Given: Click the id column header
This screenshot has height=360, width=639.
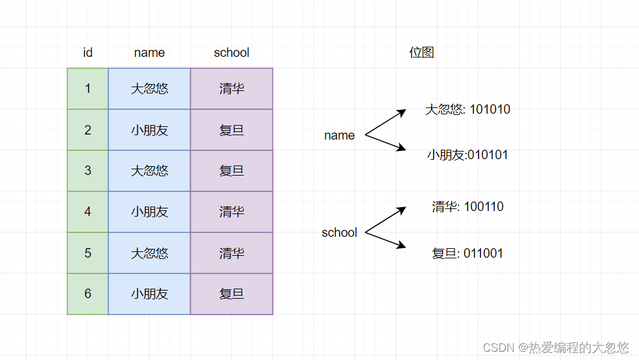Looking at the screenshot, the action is click(88, 52).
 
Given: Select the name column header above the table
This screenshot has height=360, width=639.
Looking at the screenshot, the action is click(149, 52).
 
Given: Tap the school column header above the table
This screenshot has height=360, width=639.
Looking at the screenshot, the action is click(231, 52).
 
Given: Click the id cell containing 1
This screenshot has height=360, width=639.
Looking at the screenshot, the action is click(88, 88).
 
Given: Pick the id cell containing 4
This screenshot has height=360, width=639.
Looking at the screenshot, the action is click(88, 212).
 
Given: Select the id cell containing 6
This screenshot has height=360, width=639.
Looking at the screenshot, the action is click(88, 294).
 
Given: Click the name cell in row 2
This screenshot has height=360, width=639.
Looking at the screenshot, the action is click(149, 130).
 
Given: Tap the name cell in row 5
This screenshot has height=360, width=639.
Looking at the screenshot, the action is click(149, 253).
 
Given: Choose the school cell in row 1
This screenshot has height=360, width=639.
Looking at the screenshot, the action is click(231, 88).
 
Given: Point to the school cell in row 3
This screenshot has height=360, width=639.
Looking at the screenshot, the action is click(231, 171).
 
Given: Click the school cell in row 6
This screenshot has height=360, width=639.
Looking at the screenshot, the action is click(231, 294).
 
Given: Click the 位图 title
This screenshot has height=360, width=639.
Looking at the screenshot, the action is click(422, 52).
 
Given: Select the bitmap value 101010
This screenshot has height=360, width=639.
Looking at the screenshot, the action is click(490, 109).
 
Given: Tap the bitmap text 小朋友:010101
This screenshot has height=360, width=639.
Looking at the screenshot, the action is click(468, 155).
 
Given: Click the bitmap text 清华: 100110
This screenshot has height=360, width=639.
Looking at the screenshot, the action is click(468, 207).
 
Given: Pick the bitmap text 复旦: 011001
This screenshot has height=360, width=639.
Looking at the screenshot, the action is click(468, 253).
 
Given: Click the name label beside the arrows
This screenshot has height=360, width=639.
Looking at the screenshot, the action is click(339, 135).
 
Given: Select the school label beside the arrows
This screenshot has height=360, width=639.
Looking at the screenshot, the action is click(339, 232).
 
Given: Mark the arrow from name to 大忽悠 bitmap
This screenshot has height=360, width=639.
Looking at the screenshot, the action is click(386, 122).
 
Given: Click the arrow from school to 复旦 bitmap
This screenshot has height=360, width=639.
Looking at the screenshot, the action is click(386, 240).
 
